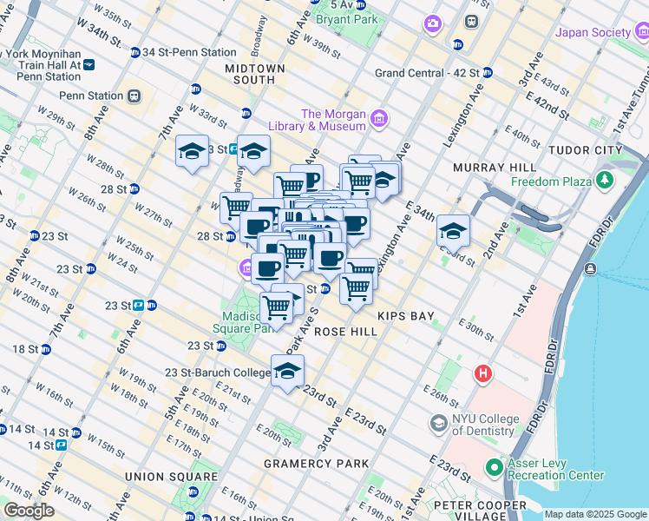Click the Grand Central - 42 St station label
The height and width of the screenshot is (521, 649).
(427, 73)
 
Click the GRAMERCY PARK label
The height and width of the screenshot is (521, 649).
(317, 464)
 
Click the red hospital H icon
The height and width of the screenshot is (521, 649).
(482, 374)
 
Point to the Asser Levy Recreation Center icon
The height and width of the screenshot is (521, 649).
(494, 468)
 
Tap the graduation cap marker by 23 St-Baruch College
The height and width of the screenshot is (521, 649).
(287, 371)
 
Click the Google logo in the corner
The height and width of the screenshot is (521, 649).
(29, 511)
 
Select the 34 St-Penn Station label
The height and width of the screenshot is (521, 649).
(189, 52)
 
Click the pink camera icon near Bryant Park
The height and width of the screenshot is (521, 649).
(432, 23)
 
